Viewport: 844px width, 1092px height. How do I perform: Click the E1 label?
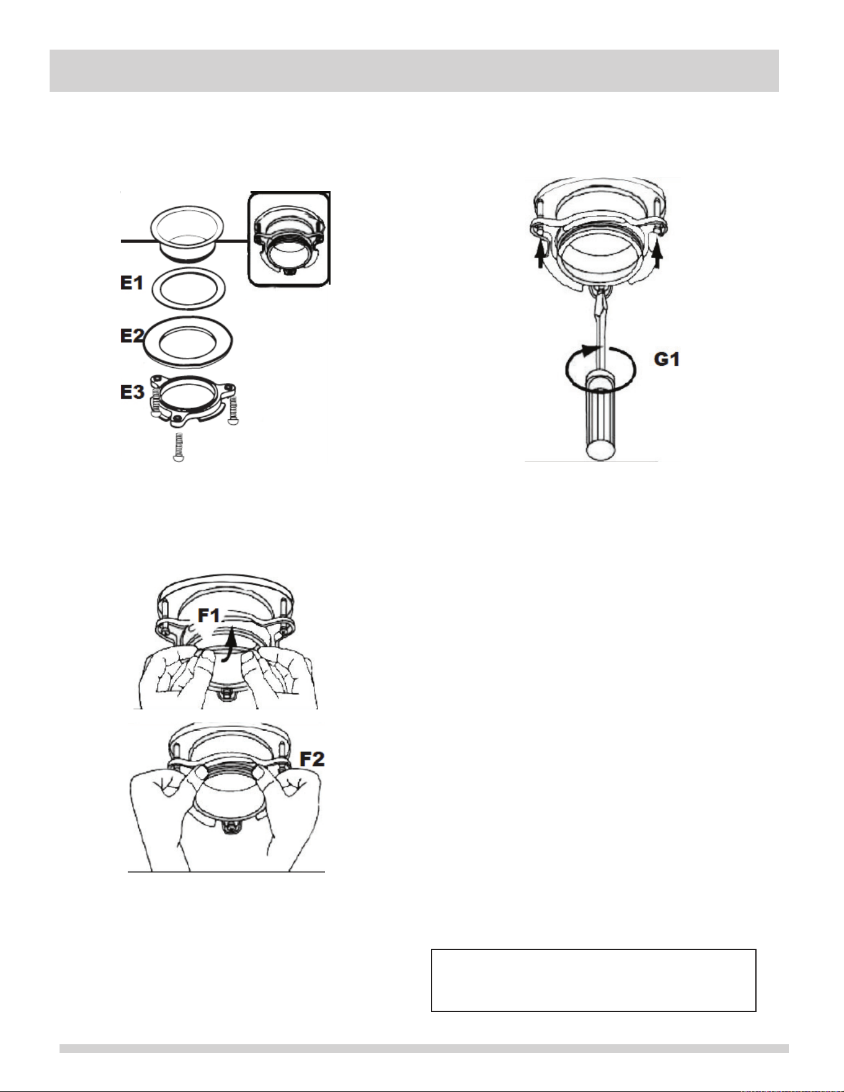pyautogui.click(x=131, y=283)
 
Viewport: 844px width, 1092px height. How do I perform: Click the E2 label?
pyautogui.click(x=131, y=336)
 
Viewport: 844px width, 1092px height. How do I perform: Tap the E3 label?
pyautogui.click(x=132, y=392)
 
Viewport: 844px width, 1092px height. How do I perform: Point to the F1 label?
pyautogui.click(x=209, y=616)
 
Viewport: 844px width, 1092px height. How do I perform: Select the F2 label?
pyautogui.click(x=312, y=759)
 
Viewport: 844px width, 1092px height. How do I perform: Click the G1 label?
pyautogui.click(x=667, y=359)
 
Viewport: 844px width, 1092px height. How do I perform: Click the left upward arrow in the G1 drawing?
pyautogui.click(x=541, y=255)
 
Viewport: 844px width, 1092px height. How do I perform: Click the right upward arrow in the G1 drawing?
pyautogui.click(x=657, y=255)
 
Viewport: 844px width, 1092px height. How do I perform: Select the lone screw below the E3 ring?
pyautogui.click(x=179, y=447)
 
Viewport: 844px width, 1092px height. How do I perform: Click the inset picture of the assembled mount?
pyautogui.click(x=288, y=239)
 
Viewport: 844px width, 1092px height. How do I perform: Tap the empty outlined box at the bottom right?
pyautogui.click(x=593, y=980)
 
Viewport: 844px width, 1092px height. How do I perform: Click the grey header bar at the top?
pyautogui.click(x=414, y=71)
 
